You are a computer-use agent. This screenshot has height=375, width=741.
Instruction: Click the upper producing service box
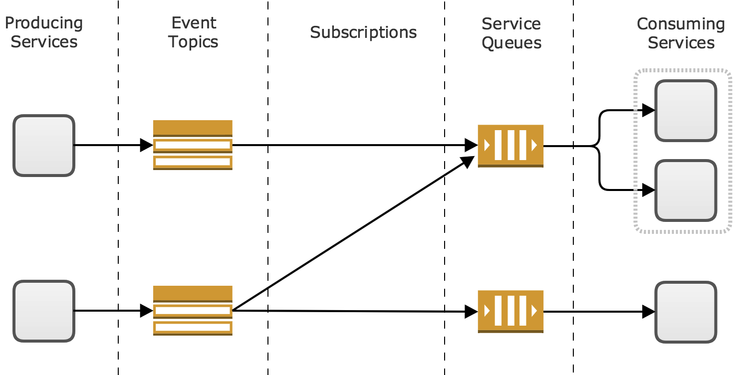coord(44,146)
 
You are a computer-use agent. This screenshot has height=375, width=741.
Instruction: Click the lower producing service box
coord(44,311)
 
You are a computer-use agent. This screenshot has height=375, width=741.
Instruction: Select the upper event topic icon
coord(193,145)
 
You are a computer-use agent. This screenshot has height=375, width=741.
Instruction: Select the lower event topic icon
coord(193,311)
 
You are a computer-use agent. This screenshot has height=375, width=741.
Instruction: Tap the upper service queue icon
coord(510,146)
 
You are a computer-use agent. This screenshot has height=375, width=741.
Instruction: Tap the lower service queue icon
coord(510,312)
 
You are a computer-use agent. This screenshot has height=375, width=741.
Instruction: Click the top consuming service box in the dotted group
coord(686,110)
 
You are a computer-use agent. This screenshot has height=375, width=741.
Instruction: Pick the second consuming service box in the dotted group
coord(686,190)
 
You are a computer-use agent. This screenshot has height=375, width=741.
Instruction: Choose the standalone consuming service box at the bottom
coord(686,312)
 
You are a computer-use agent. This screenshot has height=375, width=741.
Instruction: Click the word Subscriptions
coord(363,32)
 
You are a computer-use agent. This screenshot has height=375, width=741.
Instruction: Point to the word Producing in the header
coord(44,23)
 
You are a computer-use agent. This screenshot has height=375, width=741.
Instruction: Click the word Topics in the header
coord(193,42)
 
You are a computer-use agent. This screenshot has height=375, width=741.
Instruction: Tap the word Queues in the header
coord(511,42)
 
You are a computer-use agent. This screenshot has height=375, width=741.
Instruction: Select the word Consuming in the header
coord(681,24)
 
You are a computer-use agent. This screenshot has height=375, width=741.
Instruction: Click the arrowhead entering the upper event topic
coord(146,145)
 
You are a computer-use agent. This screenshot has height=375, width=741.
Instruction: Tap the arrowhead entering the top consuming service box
coord(648,110)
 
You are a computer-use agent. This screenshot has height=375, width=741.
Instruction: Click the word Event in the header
coord(194,23)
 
